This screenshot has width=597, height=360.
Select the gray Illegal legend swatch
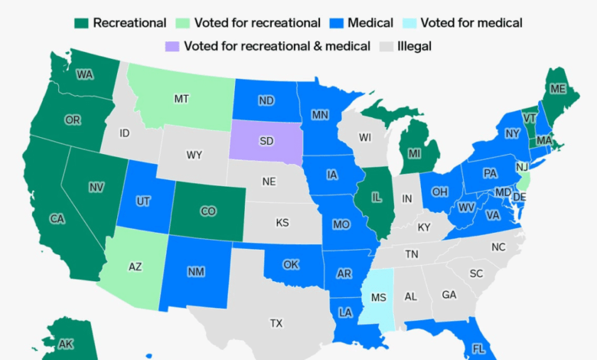[x=387, y=47]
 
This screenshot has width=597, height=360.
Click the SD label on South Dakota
[x=267, y=141]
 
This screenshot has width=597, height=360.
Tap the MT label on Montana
[x=181, y=99]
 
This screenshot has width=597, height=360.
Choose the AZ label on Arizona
[x=135, y=267]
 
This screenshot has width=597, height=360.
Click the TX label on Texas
[x=276, y=323]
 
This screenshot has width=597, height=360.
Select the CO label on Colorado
[x=208, y=211]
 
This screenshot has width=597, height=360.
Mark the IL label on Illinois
[x=376, y=196]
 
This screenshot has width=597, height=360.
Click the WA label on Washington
[x=85, y=74]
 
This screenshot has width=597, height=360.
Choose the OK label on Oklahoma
[x=290, y=264]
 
